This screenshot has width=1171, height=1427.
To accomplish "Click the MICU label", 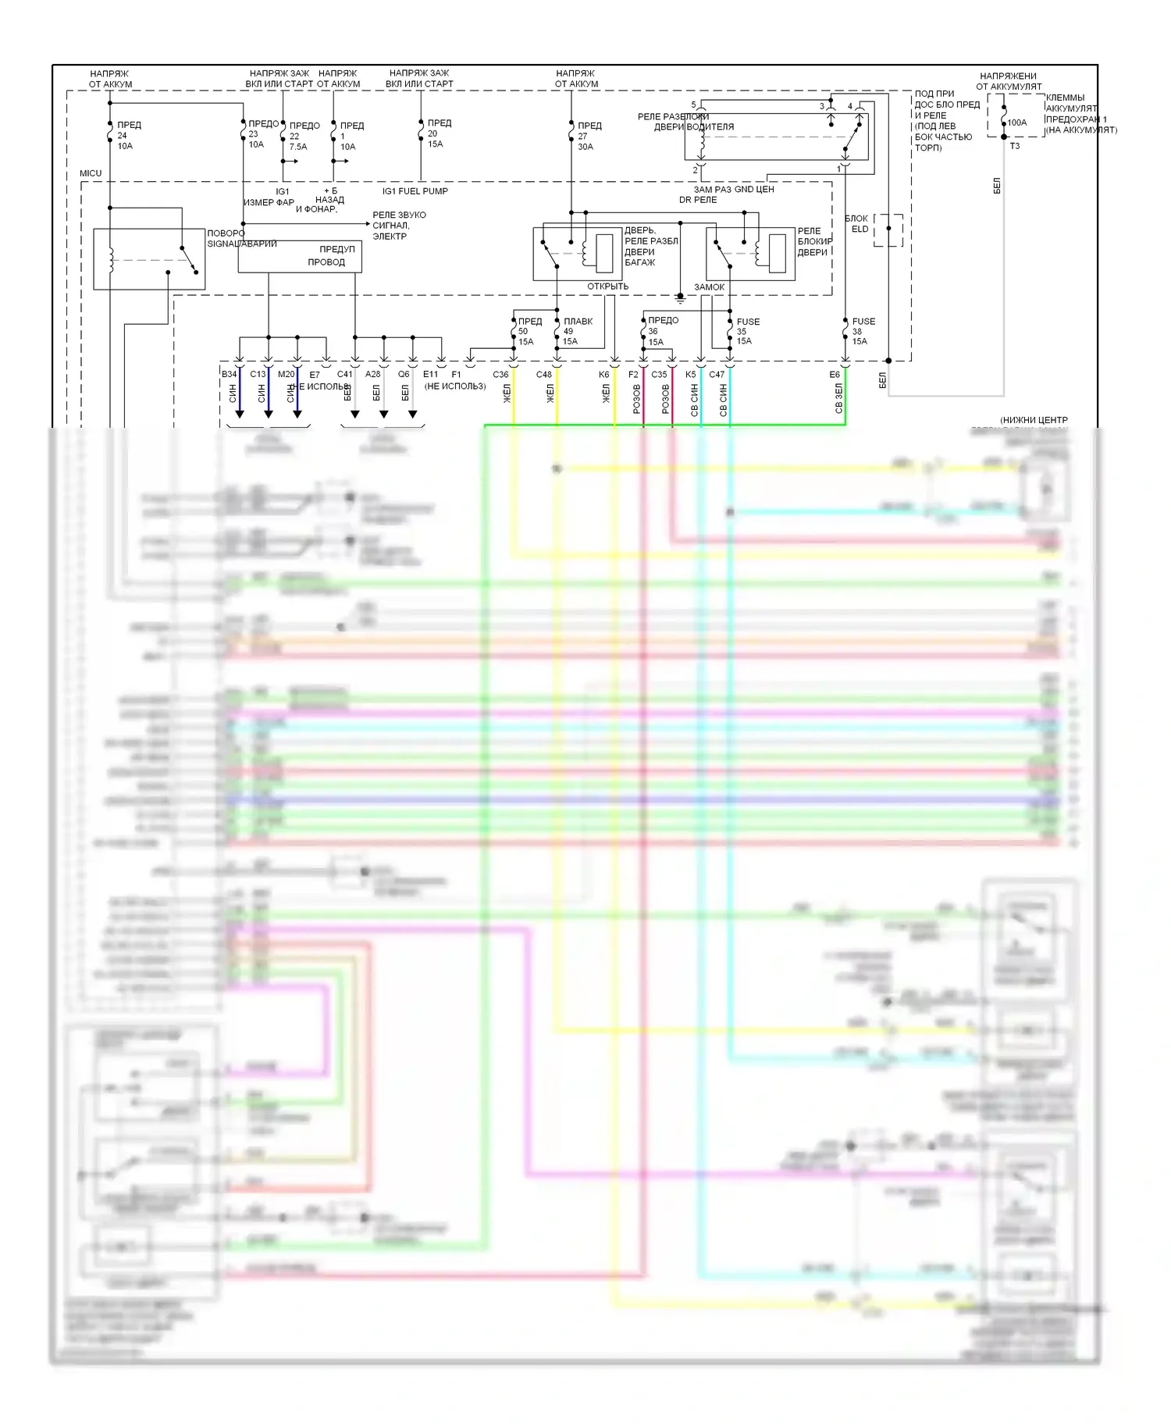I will click(x=91, y=173).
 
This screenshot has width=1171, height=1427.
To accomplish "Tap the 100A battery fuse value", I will click(x=1016, y=123).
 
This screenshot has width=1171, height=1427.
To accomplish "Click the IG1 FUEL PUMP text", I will click(x=415, y=191).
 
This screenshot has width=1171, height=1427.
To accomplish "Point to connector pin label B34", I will click(x=229, y=375).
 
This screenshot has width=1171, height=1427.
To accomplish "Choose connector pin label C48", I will click(x=543, y=375).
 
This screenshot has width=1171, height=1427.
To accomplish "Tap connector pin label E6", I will click(x=835, y=375).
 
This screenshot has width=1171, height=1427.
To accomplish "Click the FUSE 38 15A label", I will click(x=863, y=331).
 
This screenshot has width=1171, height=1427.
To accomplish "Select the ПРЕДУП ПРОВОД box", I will click(x=300, y=256).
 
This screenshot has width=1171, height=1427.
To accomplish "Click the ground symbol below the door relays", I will click(x=680, y=298).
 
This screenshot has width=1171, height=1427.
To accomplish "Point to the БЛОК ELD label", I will click(x=858, y=224).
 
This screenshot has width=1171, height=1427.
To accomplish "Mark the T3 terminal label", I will click(x=1014, y=146).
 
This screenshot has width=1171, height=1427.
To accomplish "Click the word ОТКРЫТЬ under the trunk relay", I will click(x=607, y=286).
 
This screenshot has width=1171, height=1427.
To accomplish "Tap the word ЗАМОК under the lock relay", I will click(x=709, y=287).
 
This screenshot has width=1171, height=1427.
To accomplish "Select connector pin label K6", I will click(x=603, y=375).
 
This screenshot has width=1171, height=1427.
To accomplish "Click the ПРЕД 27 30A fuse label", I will click(x=589, y=136).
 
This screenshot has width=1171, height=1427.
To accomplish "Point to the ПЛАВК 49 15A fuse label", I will click(x=577, y=331).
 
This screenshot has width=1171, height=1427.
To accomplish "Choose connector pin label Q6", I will click(x=404, y=375).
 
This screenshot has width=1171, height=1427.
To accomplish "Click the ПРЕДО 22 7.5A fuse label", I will click(x=304, y=136).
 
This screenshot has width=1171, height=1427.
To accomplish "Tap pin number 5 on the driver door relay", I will click(x=693, y=105).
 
